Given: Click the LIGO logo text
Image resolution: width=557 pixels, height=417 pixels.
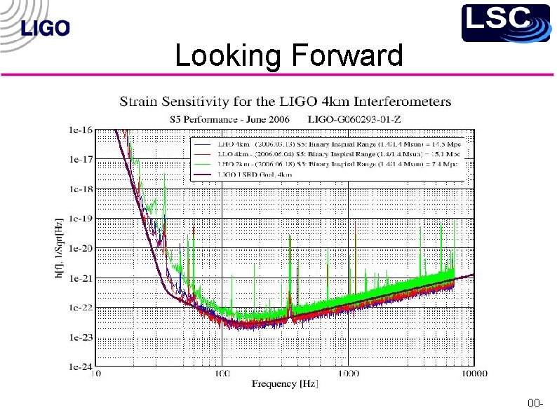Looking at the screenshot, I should point(46,29).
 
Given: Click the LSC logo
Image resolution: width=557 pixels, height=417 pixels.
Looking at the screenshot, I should point(505,22).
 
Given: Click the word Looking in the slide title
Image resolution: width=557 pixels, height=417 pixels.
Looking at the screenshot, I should point(224,55).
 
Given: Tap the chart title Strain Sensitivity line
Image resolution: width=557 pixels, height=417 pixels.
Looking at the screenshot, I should point(286,102).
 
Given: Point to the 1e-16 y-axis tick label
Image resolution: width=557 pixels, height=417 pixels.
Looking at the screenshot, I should point(81,130).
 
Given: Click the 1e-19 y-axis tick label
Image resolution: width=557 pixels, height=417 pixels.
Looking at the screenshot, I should point(81,219).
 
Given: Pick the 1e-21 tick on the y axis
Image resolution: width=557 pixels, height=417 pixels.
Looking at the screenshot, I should point(81,278).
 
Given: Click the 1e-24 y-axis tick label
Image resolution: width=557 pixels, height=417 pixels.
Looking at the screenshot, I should point(81,367).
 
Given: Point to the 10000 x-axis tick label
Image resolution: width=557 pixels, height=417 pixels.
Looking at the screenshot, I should point(474,374).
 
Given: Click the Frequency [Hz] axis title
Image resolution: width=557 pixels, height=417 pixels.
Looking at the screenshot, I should point(286,384).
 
